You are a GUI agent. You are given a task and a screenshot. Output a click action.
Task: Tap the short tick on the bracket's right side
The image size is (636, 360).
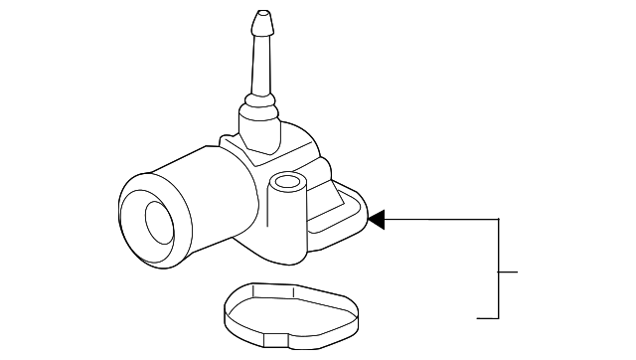click(509, 270)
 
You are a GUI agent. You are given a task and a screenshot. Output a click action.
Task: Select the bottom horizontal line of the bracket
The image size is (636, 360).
click(487, 318)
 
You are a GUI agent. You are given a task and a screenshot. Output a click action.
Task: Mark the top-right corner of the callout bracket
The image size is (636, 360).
click(498, 218)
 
